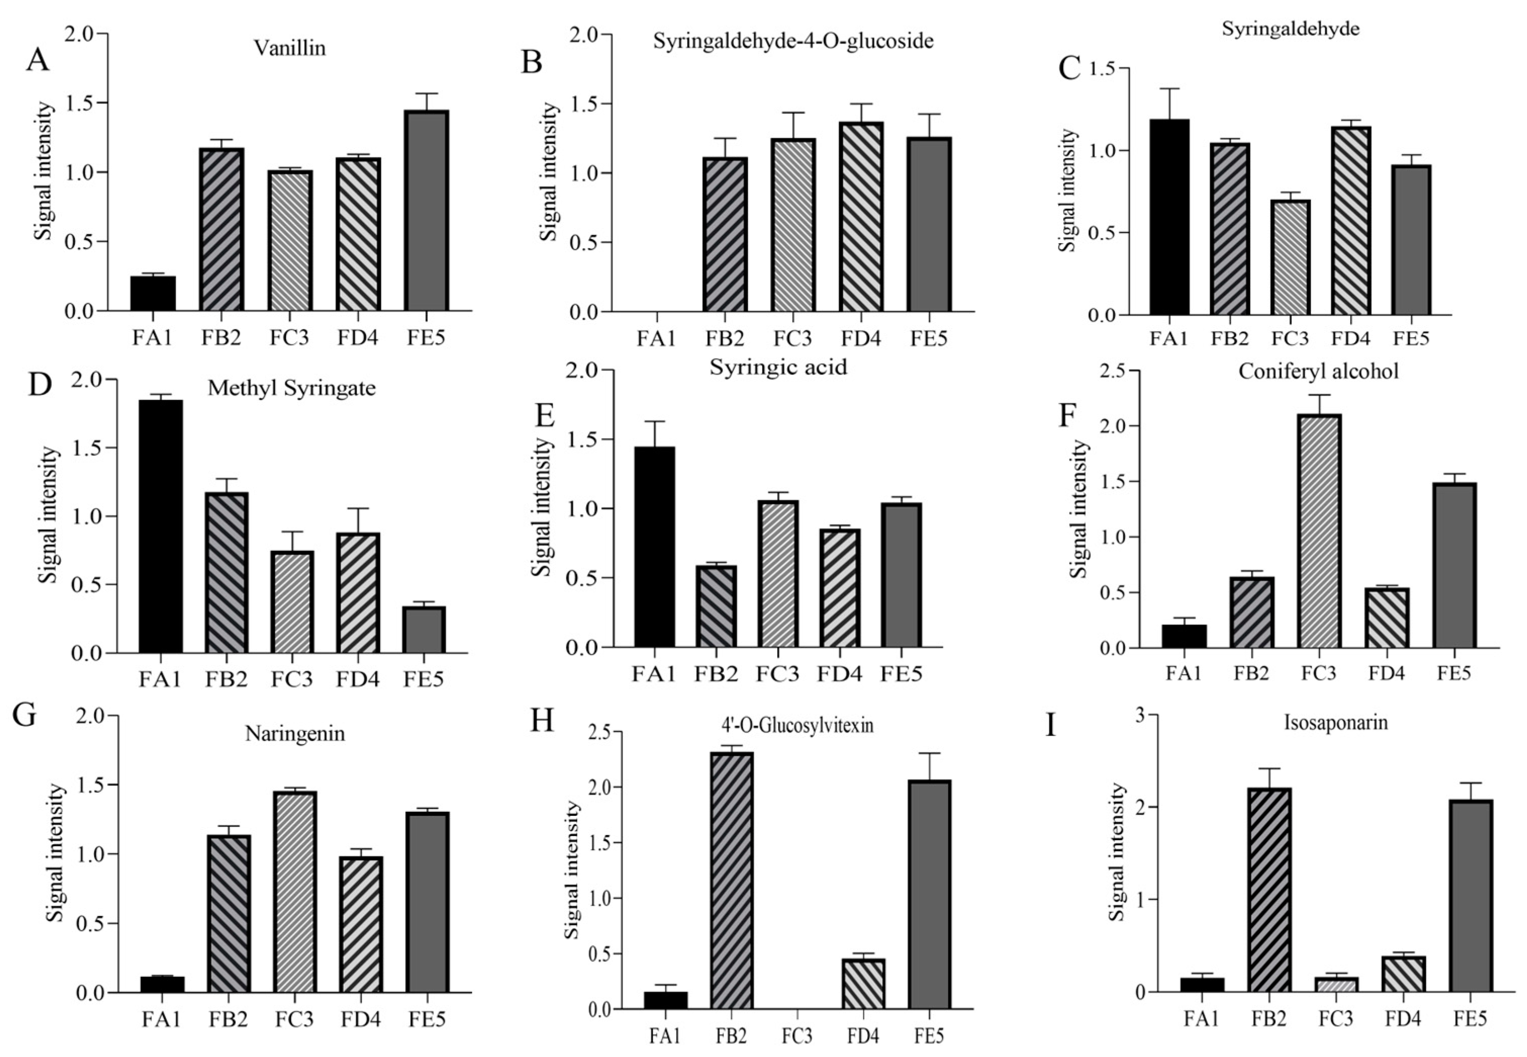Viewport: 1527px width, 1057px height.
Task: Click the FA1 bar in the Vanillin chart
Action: (x=153, y=293)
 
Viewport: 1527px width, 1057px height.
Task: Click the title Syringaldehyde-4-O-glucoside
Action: (x=793, y=41)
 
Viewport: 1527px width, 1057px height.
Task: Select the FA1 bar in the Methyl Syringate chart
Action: (x=161, y=527)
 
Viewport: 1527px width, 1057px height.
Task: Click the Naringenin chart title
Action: (x=295, y=734)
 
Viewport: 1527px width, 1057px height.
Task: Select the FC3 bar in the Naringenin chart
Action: (x=295, y=891)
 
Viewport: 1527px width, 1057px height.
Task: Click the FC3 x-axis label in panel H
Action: (x=796, y=1036)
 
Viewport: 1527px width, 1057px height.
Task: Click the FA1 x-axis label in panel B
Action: (x=656, y=338)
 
